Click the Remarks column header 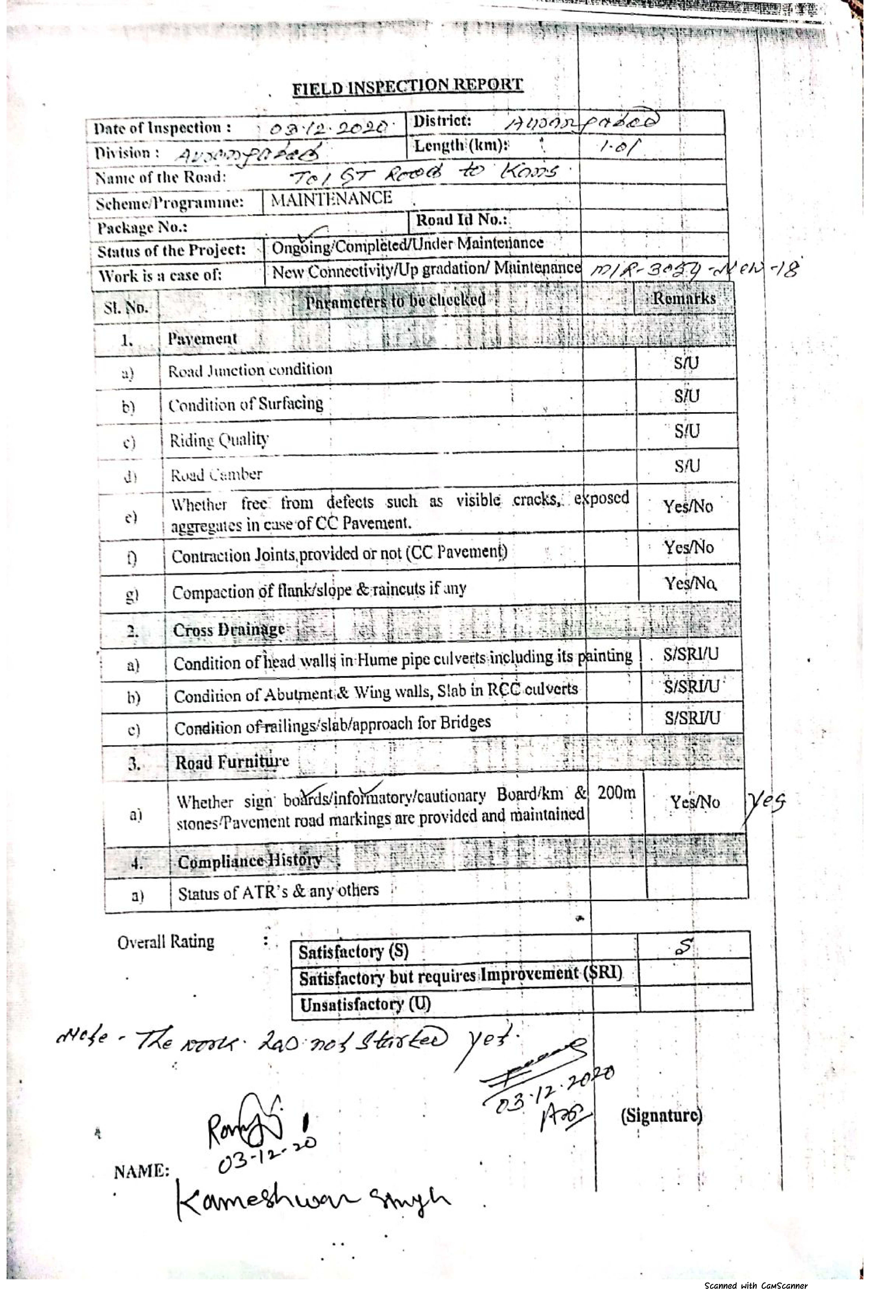tap(684, 298)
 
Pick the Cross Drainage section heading tap(229, 630)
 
